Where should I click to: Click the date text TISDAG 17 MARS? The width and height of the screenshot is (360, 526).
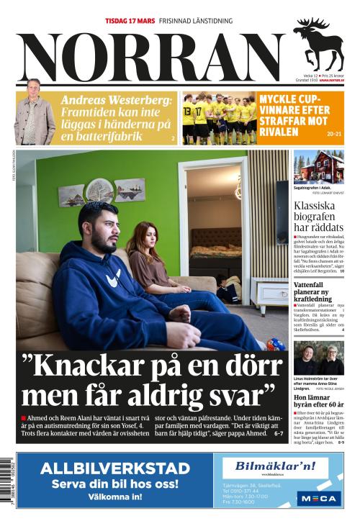click(130, 21)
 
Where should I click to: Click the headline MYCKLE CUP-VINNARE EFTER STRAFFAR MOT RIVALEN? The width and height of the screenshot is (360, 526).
click(294, 114)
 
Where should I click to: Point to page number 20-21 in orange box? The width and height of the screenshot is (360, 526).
click(334, 134)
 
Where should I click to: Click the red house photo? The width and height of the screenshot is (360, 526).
click(318, 166)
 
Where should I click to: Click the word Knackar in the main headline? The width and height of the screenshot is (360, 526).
click(94, 366)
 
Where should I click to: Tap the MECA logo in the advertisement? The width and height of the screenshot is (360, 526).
click(318, 498)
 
